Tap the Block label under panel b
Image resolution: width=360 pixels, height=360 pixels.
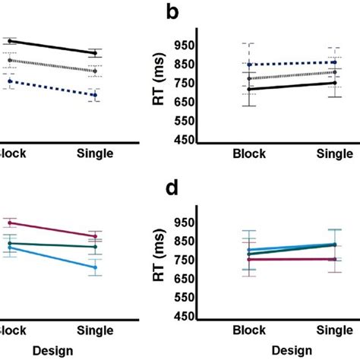coord(249,153)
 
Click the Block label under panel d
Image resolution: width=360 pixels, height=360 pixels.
coord(249,332)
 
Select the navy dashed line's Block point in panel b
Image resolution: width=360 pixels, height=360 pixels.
coord(249,65)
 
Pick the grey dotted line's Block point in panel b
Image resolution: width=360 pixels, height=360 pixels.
coord(249,78)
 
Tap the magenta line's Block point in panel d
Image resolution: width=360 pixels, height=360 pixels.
coord(249,260)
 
